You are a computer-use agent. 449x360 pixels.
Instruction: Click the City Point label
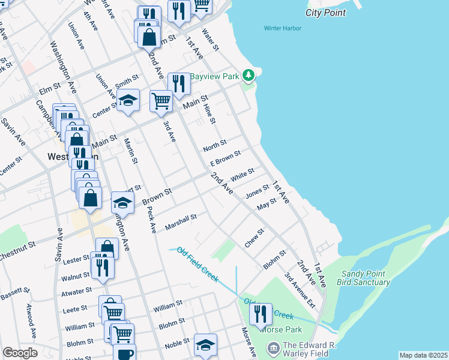pos(325,13)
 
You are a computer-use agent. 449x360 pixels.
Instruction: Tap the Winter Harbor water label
pos(282,28)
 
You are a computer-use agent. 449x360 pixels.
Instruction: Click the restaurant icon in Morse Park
pos(261,313)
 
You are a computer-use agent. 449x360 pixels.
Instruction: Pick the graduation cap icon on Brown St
pos(122,203)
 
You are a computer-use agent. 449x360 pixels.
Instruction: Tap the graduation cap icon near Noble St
pos(205,345)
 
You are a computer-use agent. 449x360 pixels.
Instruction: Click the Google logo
pos(20,353)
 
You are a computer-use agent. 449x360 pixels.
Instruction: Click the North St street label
pos(214,145)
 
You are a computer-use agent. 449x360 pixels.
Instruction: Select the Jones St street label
pos(257,192)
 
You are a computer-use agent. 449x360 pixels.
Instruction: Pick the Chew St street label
pos(254,238)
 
